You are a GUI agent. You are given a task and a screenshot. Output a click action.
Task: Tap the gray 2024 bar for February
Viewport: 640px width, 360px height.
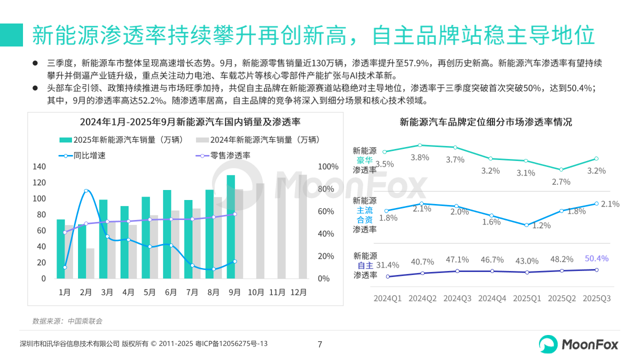[x=90, y=263]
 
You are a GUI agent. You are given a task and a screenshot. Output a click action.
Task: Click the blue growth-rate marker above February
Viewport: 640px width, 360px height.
[x=86, y=191]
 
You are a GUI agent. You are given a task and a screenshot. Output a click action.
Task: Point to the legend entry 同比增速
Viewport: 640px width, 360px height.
[x=82, y=155]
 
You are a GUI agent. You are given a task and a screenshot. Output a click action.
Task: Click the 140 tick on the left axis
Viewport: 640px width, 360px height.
[x=39, y=166]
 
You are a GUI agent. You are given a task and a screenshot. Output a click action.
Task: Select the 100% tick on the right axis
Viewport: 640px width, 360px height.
[x=328, y=166]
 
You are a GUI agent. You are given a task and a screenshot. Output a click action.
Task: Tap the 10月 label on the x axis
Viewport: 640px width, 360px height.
[x=255, y=292]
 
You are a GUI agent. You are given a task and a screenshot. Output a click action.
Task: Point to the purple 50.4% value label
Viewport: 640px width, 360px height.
[x=596, y=258]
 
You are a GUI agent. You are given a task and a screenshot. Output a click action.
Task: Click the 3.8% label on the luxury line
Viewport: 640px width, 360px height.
[x=419, y=157]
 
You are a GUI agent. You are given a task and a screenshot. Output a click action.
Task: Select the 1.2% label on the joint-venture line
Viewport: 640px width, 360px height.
[x=541, y=225]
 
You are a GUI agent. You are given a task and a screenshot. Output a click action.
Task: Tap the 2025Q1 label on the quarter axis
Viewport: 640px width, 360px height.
[x=527, y=298]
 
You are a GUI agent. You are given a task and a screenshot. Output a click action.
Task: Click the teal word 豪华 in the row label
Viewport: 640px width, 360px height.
[x=364, y=160]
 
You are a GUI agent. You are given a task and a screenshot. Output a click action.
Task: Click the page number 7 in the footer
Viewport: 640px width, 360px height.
[x=320, y=344]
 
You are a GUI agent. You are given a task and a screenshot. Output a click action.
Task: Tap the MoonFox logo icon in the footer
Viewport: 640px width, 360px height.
[x=548, y=344]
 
